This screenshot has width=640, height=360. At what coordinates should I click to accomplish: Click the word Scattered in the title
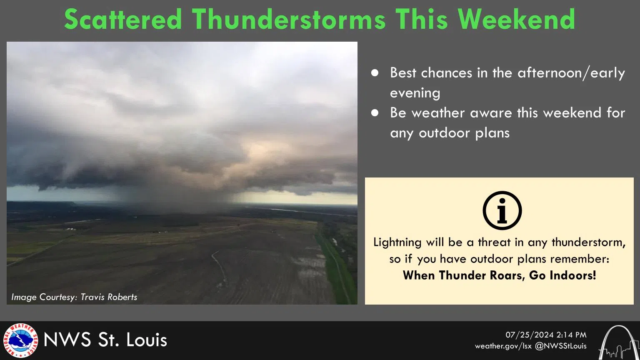123,19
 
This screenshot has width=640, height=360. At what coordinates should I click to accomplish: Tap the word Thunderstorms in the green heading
288,19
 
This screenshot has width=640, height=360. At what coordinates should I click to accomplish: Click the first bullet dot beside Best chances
375,73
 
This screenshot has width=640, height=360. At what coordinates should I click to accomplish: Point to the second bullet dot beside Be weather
375,113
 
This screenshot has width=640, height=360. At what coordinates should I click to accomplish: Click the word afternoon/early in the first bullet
571,73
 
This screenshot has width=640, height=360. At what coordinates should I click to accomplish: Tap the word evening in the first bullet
415,93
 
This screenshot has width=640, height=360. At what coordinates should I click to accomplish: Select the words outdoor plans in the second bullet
464,133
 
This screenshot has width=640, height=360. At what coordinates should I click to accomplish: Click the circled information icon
502,210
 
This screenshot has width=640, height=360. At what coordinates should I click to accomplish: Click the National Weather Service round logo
20,340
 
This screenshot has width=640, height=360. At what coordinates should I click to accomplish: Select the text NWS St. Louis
105,340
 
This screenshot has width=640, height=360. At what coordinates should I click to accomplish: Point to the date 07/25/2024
530,335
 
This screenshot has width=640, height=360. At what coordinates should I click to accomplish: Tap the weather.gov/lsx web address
503,346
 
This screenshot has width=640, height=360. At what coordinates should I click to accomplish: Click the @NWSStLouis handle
560,346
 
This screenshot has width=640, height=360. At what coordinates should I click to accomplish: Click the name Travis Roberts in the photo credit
109,297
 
